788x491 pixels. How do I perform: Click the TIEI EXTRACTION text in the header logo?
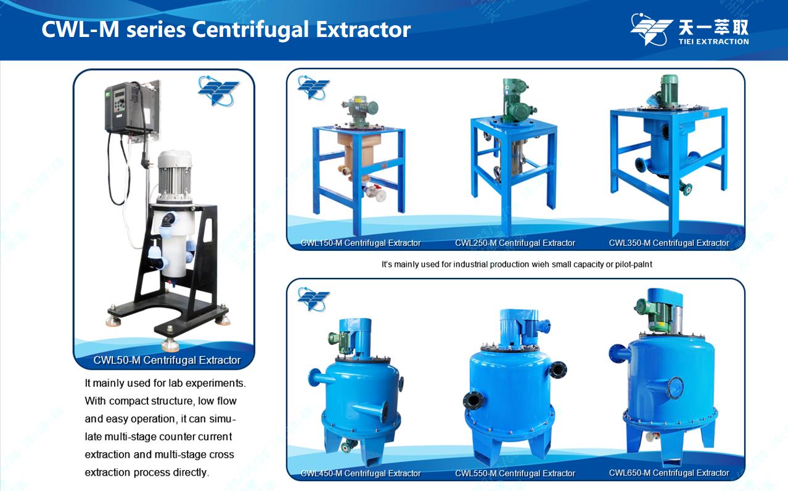pyautogui.click(x=713, y=41)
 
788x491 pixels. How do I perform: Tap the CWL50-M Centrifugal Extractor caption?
pyautogui.click(x=167, y=360)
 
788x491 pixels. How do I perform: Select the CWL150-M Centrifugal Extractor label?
pyautogui.click(x=361, y=243)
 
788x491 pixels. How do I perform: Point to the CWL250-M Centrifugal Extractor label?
pyautogui.click(x=515, y=243)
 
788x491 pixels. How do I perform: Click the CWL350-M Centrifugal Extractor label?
pyautogui.click(x=669, y=243)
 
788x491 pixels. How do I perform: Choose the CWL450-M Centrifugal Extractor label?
pyautogui.click(x=361, y=473)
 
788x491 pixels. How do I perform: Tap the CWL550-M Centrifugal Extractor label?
pyautogui.click(x=515, y=473)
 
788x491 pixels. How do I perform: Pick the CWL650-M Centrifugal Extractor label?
pyautogui.click(x=669, y=473)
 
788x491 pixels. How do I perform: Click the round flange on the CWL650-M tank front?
pyautogui.click(x=675, y=388)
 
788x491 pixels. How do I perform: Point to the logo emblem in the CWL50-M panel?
pyautogui.click(x=218, y=91)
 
